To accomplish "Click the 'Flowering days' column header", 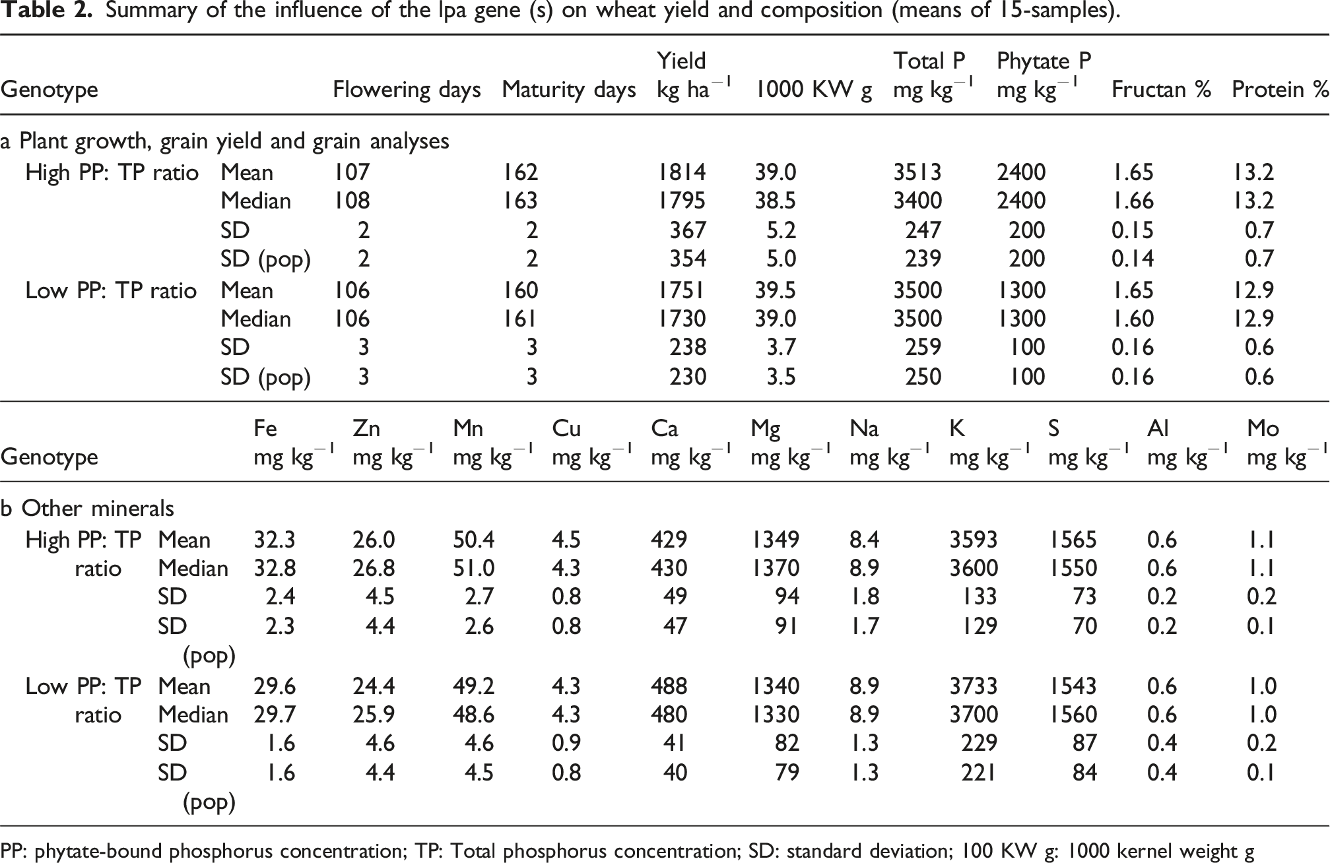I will [x=407, y=90].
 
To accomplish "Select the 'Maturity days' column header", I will [x=568, y=90].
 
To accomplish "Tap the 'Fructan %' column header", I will [x=1161, y=90].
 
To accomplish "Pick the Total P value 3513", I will [x=917, y=173].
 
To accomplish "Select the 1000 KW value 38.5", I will [x=776, y=201].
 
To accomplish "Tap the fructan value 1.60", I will [x=1133, y=319].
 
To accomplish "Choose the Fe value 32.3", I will [x=275, y=540].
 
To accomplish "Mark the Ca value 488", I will [x=669, y=687].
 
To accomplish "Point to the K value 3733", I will [x=974, y=687].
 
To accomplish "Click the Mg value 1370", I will [x=775, y=569].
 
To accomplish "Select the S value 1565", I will [x=1073, y=540].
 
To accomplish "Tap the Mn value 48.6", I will [x=473, y=715].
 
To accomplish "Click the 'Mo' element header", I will [x=1263, y=429].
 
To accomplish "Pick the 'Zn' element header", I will [x=366, y=429].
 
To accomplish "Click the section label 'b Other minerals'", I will [x=87, y=509].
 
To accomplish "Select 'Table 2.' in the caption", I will [x=46, y=11].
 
